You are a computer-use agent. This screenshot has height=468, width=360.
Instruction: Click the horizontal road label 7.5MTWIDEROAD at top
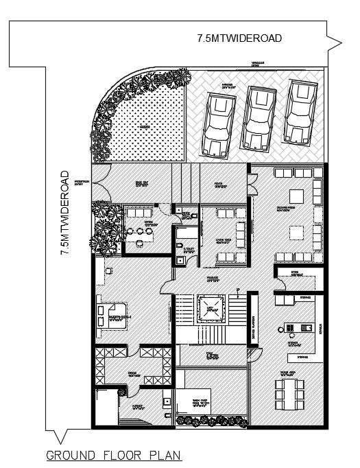[x=239, y=38]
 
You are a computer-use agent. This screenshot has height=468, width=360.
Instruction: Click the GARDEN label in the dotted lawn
[x=145, y=128]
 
